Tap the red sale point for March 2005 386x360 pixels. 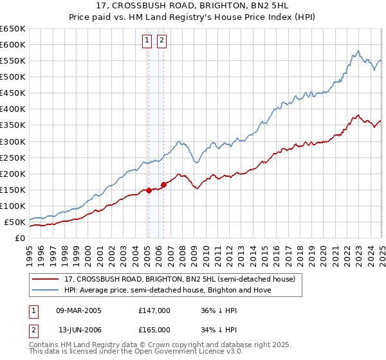pos(149,190)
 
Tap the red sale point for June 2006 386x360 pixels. pos(163,184)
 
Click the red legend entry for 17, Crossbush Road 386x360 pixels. pos(179,280)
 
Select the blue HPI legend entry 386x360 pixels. pos(168,291)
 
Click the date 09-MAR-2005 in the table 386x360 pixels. pos(78,310)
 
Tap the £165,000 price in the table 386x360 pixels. pos(154,330)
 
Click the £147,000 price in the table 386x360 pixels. pos(154,310)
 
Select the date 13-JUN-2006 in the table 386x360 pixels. pos(78,330)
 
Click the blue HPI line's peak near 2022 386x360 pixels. pos(358,51)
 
